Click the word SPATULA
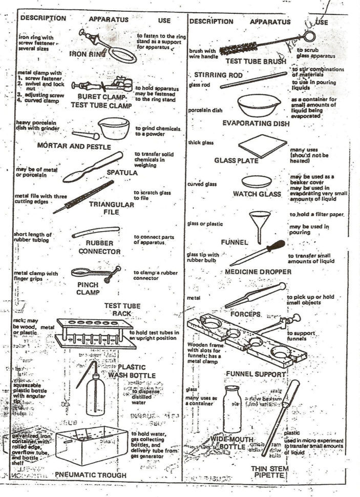tap(122, 173)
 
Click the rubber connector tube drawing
tap(96, 232)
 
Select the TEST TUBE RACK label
tap(120, 309)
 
